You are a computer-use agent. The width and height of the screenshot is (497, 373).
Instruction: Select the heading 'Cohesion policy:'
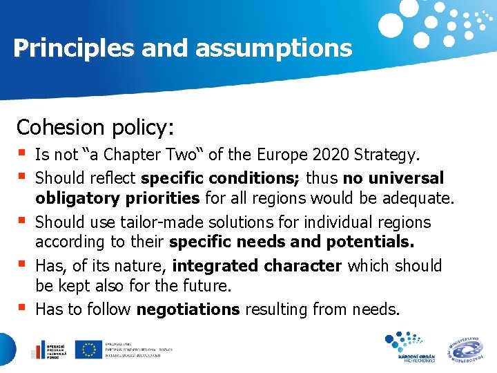95,127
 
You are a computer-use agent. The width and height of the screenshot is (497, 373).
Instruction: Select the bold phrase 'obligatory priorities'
117,200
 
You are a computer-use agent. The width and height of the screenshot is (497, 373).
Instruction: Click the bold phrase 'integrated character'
257,265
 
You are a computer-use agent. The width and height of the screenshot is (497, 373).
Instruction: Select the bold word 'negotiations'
188,309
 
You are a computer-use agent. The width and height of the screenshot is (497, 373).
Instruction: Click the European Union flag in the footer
88,350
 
